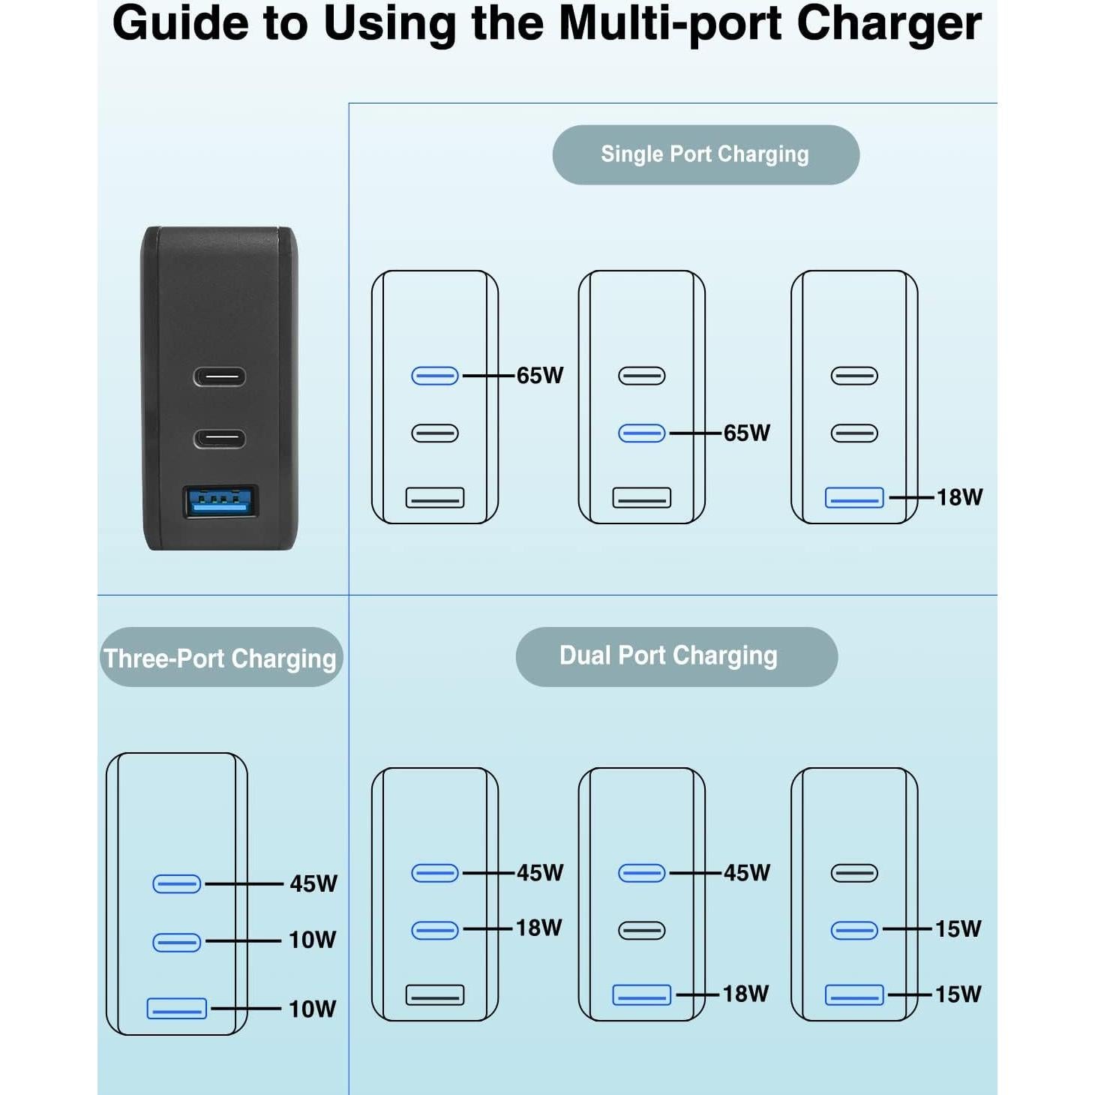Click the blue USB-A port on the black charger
point(220,502)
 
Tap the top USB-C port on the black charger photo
point(220,376)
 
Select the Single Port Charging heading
point(705,154)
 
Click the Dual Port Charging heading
point(669,656)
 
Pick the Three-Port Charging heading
point(220,658)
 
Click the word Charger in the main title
point(889,24)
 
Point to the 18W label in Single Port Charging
point(959,497)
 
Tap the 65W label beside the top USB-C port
point(540,376)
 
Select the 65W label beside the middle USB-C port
point(747,433)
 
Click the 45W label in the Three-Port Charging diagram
point(313,884)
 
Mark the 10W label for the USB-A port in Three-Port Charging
point(313,1009)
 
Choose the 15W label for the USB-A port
point(958,994)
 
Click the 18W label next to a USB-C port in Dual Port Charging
point(538,928)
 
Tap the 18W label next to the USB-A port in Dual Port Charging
point(745,994)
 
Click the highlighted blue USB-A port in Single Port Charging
point(854,498)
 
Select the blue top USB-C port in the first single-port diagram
point(435,376)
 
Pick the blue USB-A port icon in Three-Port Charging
point(177,1009)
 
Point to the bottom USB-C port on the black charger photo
point(220,438)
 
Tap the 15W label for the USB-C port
point(958,929)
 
